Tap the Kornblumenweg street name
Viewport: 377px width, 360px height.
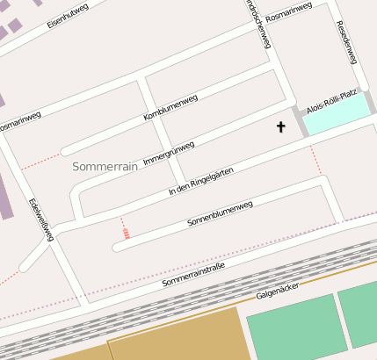click(x=170, y=107)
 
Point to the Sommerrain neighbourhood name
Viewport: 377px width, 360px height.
click(x=105, y=166)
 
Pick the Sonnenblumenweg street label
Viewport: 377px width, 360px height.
click(x=220, y=214)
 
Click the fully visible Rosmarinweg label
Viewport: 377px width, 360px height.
click(x=288, y=11)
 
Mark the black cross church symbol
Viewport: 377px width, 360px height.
click(x=281, y=127)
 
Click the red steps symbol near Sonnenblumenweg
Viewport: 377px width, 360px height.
click(x=127, y=234)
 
